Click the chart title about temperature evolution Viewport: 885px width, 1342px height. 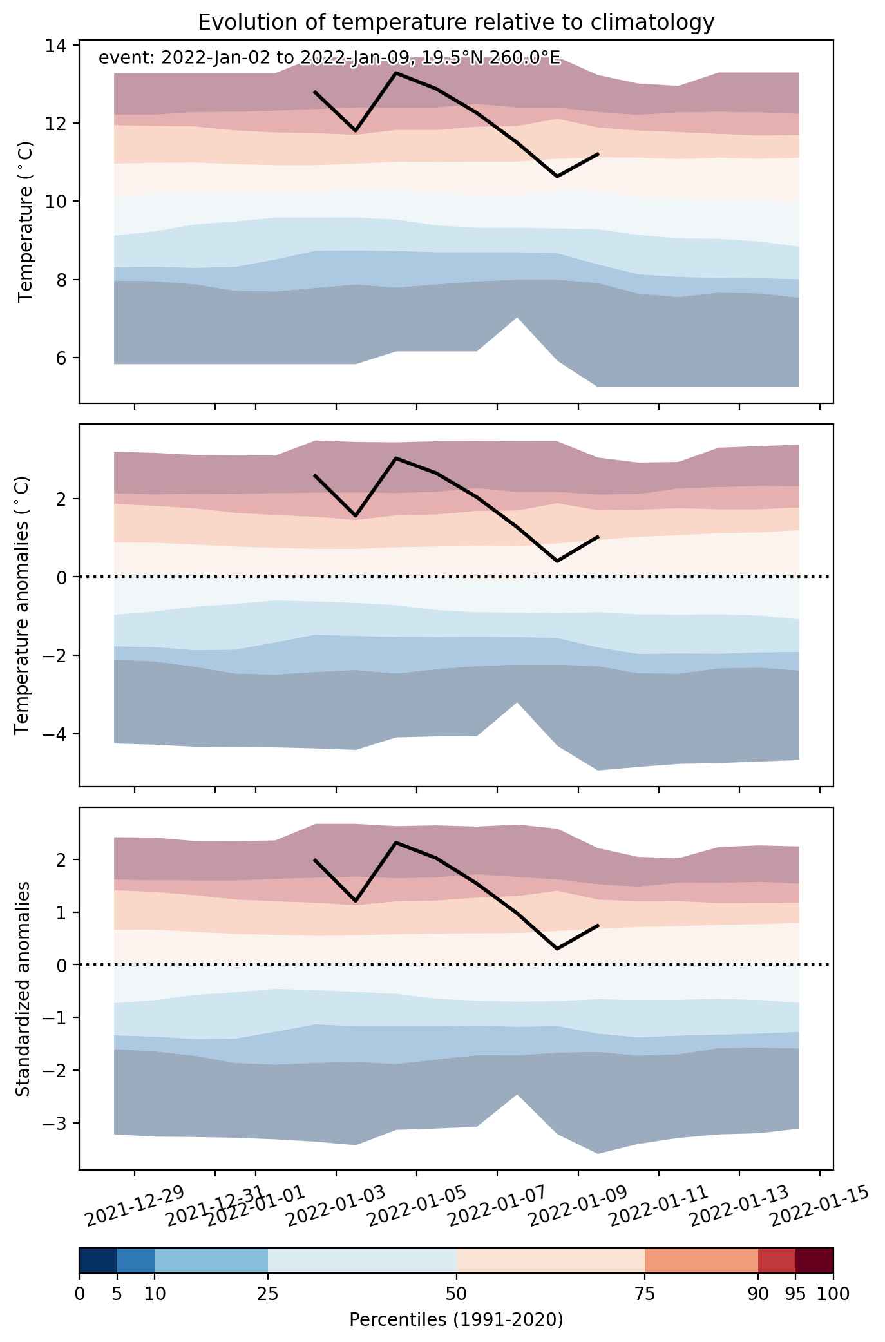456,23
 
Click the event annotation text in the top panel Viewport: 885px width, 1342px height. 329,59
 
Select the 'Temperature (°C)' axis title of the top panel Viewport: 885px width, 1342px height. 26,222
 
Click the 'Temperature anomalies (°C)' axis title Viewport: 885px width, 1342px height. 23,605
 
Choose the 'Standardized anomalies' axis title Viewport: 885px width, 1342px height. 23,988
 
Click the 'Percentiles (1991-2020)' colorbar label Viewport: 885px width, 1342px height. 456,1319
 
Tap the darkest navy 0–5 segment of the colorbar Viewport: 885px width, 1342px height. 98,1261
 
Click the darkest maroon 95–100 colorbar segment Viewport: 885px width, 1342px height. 815,1261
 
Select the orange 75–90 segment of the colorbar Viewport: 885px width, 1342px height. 701,1261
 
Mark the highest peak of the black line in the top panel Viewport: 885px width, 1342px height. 395,73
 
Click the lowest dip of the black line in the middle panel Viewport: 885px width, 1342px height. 557,561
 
